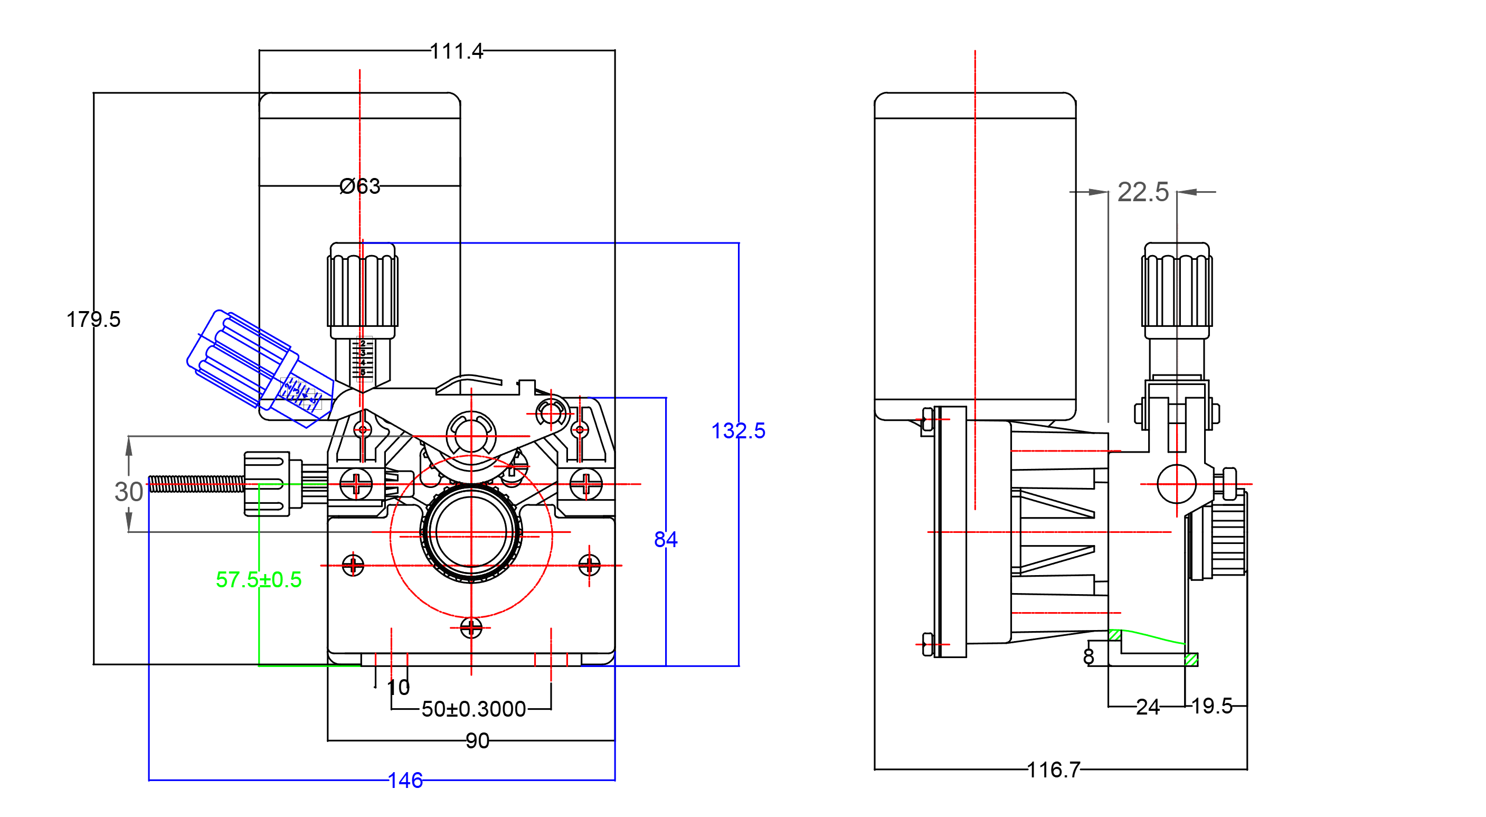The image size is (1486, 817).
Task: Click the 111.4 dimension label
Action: click(x=456, y=51)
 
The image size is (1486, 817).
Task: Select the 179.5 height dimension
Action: click(x=93, y=319)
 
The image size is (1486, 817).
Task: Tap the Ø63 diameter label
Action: click(x=360, y=186)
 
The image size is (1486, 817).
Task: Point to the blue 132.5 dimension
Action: click(x=738, y=430)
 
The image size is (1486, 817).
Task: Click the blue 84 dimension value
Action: click(x=666, y=540)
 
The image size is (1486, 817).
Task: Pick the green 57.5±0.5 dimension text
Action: click(x=259, y=579)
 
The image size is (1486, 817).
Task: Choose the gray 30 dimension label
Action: click(x=128, y=492)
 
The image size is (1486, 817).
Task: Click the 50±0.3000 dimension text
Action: click(x=473, y=709)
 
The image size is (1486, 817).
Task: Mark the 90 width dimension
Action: click(x=477, y=741)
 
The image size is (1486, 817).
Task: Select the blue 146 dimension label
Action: click(x=405, y=781)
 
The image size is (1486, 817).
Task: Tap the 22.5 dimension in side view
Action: click(x=1143, y=192)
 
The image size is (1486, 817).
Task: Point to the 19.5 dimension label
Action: click(x=1211, y=706)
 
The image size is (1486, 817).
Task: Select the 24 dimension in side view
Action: click(x=1148, y=707)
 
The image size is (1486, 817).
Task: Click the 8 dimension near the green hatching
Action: click(x=1089, y=656)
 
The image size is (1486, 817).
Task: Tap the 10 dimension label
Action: click(x=398, y=687)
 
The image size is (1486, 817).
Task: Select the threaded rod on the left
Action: click(x=196, y=484)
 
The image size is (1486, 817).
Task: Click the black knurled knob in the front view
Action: click(x=362, y=288)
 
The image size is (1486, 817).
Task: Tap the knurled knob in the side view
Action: click(x=1177, y=288)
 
